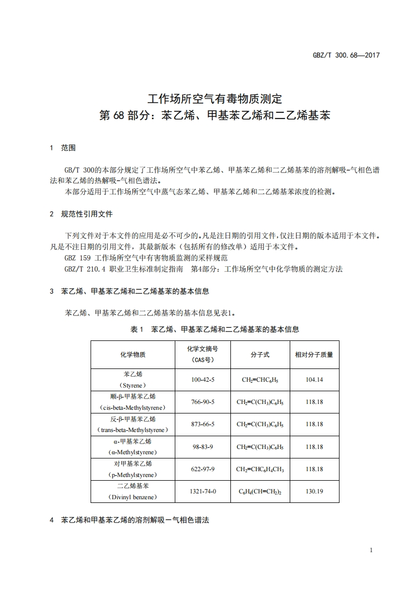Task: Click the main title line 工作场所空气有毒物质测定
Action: coord(215,98)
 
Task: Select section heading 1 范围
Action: coord(62,148)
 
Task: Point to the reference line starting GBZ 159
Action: coord(146,258)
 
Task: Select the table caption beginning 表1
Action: coord(215,329)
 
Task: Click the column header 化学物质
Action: coord(133,355)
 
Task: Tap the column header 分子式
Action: coord(260,355)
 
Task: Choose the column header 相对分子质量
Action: coord(314,355)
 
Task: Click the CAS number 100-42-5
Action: coord(203,380)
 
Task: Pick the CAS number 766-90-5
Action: coord(203,402)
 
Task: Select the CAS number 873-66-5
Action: coord(203,424)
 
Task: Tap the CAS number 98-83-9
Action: coord(203,447)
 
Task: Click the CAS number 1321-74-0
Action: coord(203,491)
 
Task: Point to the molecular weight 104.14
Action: coord(314,380)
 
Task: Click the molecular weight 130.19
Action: coord(314,491)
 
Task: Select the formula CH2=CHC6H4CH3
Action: coord(260,469)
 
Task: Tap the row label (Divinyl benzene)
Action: coord(133,497)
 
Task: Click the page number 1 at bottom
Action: coord(371,550)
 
